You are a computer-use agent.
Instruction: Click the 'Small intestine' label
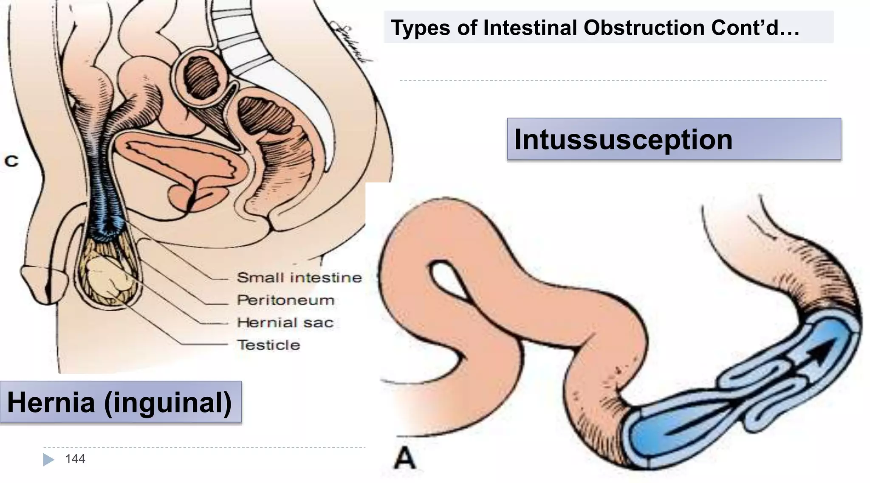pos(299,278)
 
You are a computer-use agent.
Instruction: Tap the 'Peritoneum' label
pos(285,300)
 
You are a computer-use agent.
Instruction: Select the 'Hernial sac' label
pos(285,323)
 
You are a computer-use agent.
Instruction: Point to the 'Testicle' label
pos(268,345)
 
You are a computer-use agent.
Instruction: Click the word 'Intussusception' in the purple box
pos(623,139)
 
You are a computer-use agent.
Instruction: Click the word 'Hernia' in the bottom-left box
pos(51,402)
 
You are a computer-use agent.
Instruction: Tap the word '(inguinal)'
pos(168,402)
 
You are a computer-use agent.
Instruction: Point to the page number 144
pos(75,459)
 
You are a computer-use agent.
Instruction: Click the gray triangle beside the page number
pos(48,459)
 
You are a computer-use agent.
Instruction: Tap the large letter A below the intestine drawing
pos(404,458)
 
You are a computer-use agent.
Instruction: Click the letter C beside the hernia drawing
pos(11,161)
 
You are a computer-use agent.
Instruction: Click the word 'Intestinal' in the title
pos(530,28)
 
